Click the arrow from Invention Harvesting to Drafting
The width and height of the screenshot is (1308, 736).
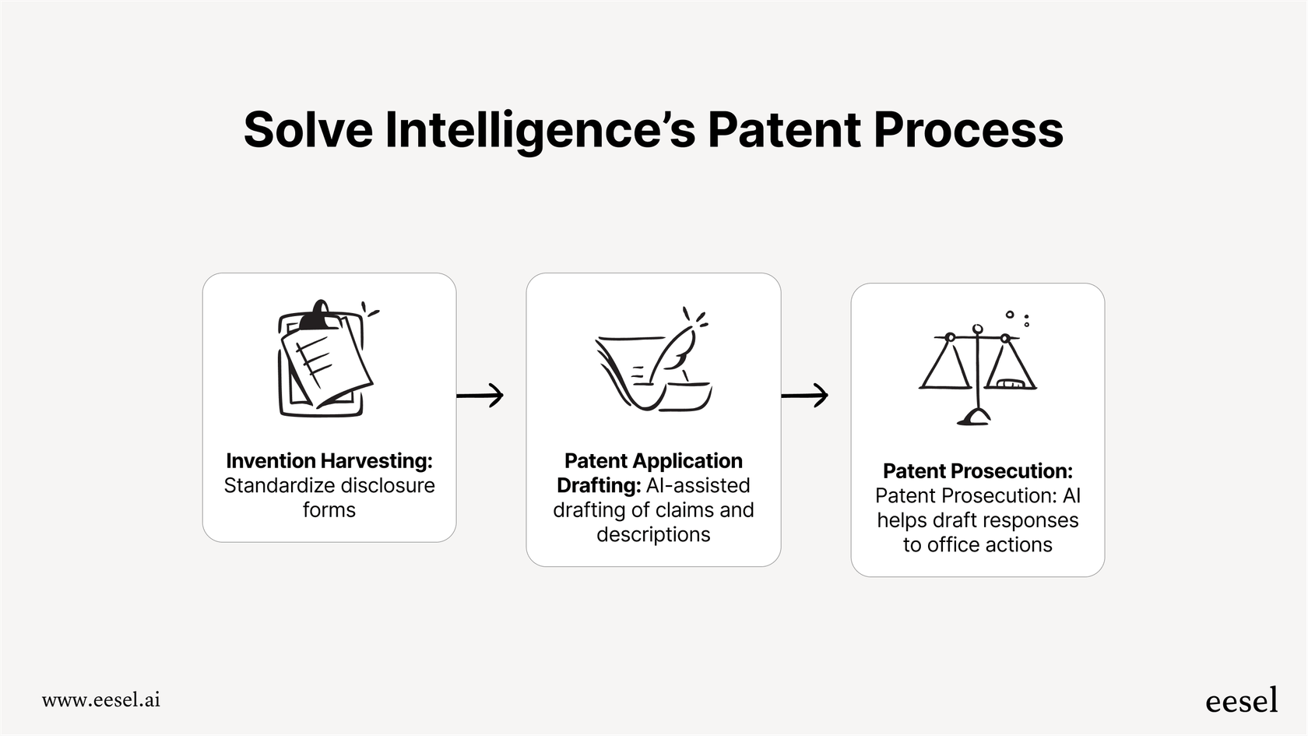coord(480,395)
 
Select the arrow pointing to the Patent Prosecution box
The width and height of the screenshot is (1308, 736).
coord(805,395)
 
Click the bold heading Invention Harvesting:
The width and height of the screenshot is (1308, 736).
coord(329,460)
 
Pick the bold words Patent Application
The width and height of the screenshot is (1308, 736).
coord(653,460)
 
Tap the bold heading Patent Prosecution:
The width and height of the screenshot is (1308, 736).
coord(977,470)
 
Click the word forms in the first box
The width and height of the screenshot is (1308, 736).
coord(329,510)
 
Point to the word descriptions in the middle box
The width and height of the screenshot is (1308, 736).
coord(653,534)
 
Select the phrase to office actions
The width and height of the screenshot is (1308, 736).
coord(977,544)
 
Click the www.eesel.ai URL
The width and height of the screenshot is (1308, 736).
coord(101,699)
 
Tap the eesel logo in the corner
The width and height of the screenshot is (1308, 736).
coord(1241,700)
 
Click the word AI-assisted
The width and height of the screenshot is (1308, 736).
coord(698,485)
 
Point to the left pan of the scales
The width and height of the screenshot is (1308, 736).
coord(945,369)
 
